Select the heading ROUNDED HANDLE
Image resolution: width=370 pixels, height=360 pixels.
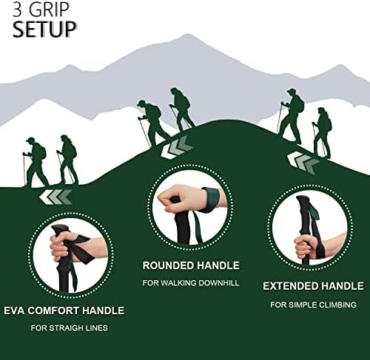tap(192, 265)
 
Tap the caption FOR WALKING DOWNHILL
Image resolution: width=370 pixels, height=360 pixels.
tap(191, 283)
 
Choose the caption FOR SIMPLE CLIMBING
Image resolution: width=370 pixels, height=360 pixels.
tap(313, 305)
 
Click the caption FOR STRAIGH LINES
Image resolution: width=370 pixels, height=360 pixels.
tap(68, 328)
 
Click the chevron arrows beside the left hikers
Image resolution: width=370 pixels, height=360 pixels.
tap(57, 196)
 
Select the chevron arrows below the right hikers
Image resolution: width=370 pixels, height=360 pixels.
tap(303, 162)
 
